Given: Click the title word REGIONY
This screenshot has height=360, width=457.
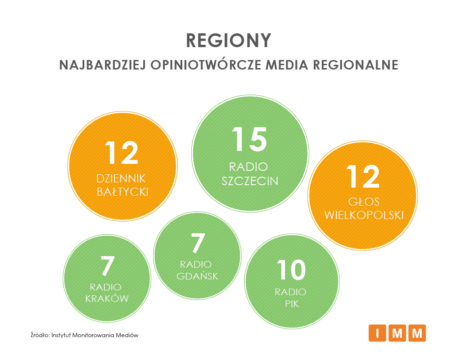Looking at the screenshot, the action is (229, 40).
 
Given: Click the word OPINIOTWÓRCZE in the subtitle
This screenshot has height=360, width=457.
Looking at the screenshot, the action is (206, 64).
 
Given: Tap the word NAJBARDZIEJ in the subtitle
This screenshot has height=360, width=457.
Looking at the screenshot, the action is (103, 65).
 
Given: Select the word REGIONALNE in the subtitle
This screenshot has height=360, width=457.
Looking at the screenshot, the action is (356, 65).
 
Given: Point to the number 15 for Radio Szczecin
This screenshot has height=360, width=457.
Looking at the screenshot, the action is (249, 140).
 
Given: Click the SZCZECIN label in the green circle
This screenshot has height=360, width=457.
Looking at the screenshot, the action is (250, 181).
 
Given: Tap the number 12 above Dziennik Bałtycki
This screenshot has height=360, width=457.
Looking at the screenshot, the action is (122, 152).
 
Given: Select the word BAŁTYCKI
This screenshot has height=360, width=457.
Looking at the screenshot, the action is (123, 192).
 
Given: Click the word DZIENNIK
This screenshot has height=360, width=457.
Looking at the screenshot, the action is (121, 179).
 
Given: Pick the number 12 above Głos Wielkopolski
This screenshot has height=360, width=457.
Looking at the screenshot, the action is (363, 176).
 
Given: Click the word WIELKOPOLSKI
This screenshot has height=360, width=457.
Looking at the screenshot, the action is (364, 215).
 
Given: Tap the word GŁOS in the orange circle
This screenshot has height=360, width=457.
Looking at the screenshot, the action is (364, 202).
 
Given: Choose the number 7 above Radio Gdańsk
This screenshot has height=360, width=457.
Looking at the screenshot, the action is (198, 243).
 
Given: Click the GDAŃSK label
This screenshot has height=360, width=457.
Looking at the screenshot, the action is (197, 276).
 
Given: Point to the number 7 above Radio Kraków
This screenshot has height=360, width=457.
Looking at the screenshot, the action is (107, 266).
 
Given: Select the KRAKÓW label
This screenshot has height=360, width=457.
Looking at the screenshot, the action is (107, 298).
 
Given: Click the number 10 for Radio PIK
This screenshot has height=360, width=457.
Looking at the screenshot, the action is (291, 270).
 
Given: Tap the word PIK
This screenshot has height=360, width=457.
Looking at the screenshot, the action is (292, 304).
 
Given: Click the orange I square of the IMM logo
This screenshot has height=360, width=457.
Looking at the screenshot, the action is (378, 333).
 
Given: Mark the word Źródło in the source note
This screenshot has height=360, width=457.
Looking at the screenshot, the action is (40, 335).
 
